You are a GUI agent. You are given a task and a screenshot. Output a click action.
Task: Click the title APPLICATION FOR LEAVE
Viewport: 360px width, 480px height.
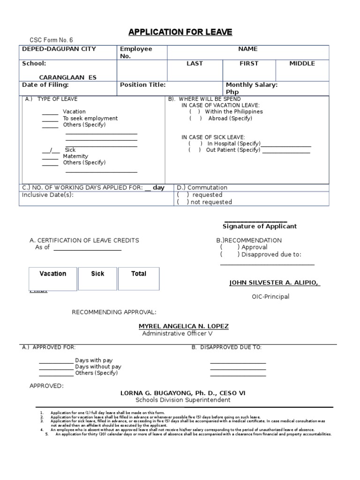tap(180, 32)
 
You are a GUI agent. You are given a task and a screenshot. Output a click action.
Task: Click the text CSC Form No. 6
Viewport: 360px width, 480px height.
tap(52, 41)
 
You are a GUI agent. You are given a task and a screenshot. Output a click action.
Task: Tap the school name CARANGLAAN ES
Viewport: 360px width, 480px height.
tap(67, 77)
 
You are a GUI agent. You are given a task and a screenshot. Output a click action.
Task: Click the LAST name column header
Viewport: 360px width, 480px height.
tap(195, 64)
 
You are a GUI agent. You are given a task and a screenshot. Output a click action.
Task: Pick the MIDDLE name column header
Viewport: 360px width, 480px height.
tap(302, 64)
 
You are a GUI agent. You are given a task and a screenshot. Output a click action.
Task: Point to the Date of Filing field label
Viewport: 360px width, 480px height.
tap(46, 85)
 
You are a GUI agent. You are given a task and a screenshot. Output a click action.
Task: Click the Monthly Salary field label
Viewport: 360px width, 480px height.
tap(252, 85)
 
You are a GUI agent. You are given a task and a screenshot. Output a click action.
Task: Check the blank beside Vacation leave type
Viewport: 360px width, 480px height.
tap(50, 112)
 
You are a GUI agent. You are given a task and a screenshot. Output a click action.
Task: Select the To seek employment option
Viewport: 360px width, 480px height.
tap(90, 119)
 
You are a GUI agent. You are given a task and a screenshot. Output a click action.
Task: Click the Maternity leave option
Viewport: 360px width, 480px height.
tap(75, 156)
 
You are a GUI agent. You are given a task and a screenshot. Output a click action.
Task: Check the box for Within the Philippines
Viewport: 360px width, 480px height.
tap(195, 112)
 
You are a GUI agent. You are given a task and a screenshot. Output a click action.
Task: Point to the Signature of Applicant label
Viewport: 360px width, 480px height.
tap(260, 226)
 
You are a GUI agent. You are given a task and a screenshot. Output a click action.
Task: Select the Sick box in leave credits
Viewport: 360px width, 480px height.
tap(97, 274)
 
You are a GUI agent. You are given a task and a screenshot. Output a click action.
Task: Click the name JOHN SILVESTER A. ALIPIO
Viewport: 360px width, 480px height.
tap(274, 283)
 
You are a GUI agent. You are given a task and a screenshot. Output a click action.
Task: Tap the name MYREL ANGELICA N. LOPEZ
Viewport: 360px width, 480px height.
tap(177, 326)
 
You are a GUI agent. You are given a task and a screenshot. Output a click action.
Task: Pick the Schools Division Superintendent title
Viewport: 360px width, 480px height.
tap(183, 400)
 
